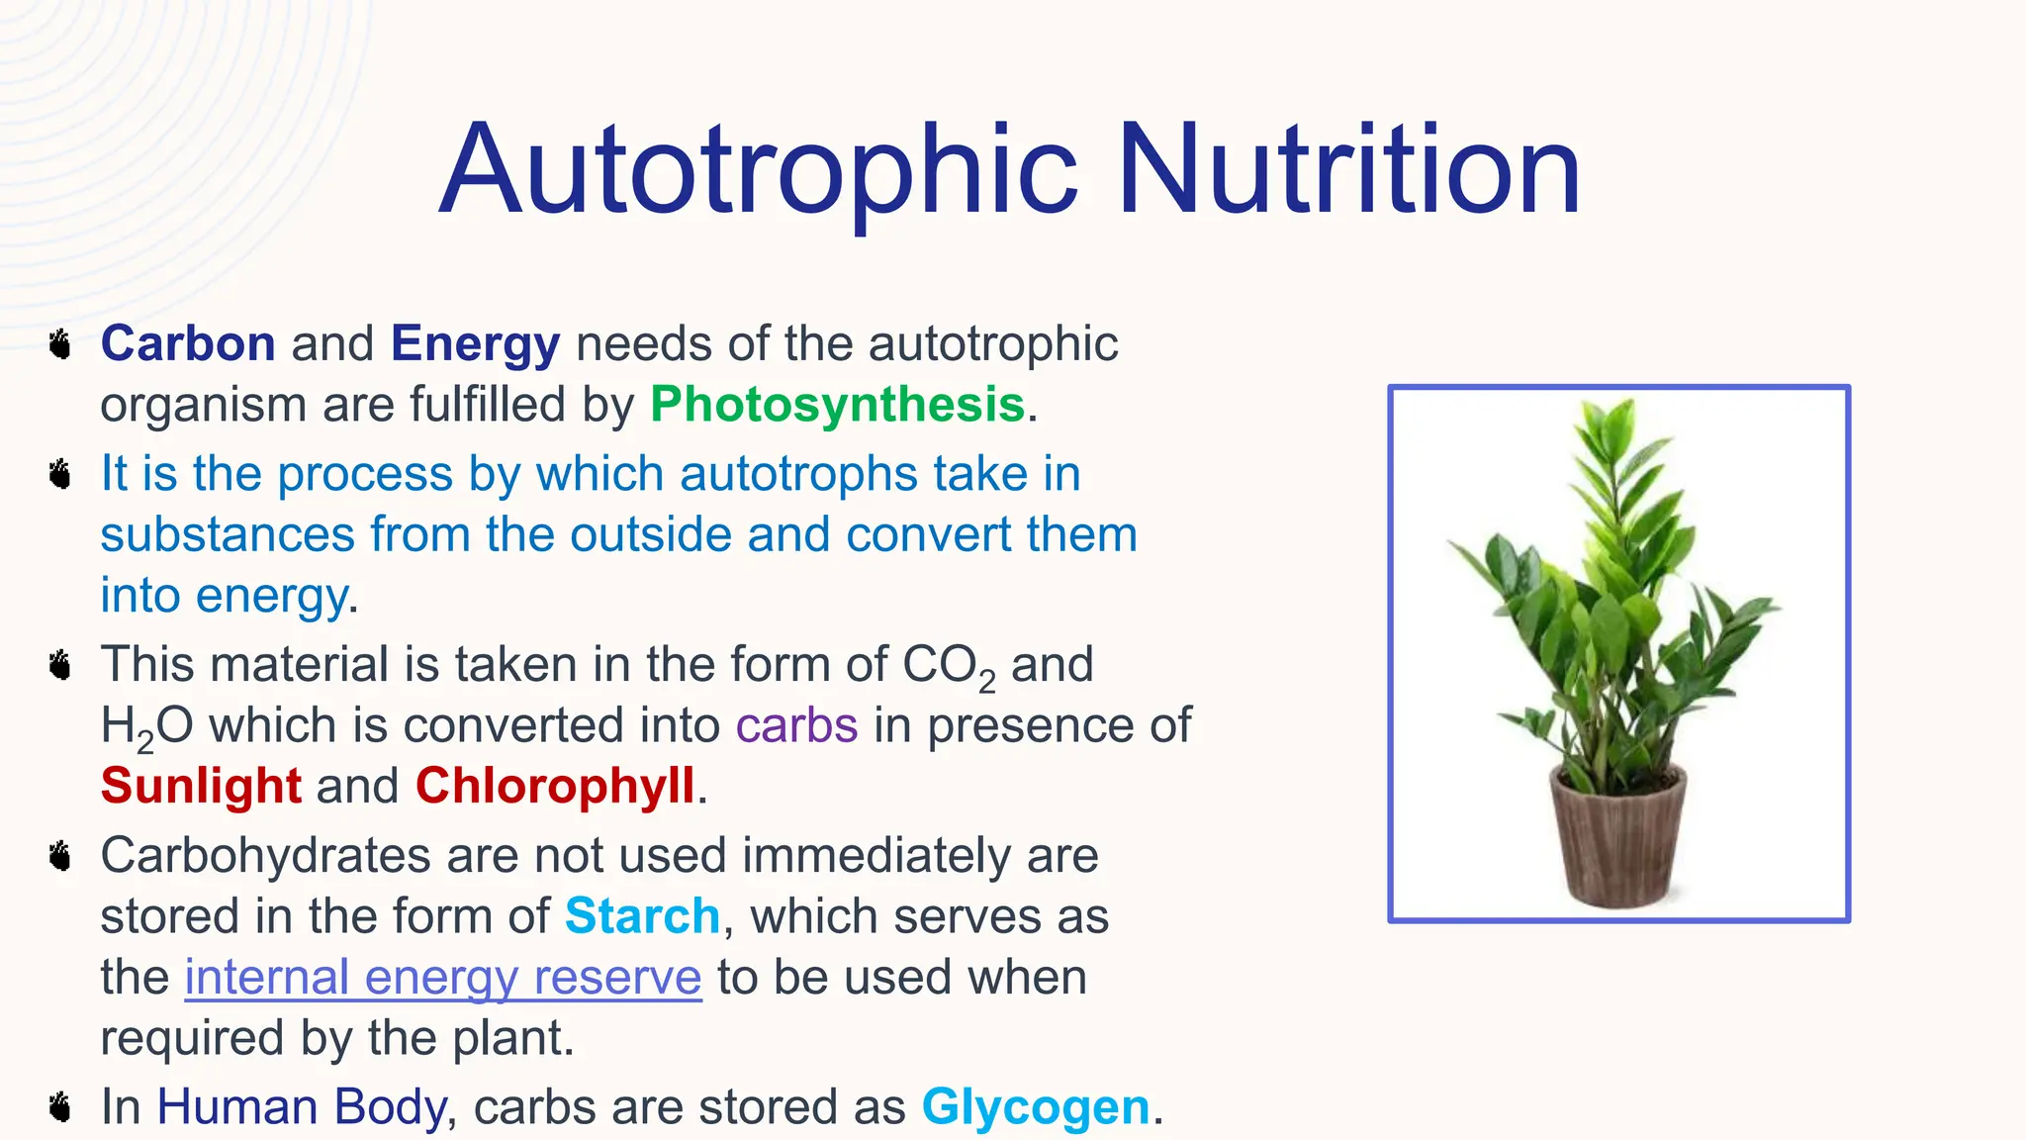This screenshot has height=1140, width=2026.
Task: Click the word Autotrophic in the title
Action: click(x=758, y=170)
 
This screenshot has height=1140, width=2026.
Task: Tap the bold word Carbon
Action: click(x=188, y=344)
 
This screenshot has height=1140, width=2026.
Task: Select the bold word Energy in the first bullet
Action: click(x=475, y=344)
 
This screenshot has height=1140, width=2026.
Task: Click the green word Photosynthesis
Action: click(x=837, y=405)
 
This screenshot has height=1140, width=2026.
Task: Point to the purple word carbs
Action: click(x=796, y=725)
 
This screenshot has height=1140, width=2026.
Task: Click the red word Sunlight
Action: click(x=201, y=786)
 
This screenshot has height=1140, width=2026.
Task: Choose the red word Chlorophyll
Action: click(x=555, y=786)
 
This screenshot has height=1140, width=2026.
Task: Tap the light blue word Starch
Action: click(x=642, y=916)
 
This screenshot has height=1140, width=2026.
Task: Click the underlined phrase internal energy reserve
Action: click(x=443, y=978)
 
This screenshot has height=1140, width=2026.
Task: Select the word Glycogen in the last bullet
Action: click(x=1036, y=1107)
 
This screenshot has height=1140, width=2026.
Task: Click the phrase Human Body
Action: click(x=302, y=1107)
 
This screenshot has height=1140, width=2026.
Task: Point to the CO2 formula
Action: click(x=948, y=666)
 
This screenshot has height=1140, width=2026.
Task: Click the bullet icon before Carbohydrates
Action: click(x=61, y=856)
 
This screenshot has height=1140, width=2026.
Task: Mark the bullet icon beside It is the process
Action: click(x=61, y=475)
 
